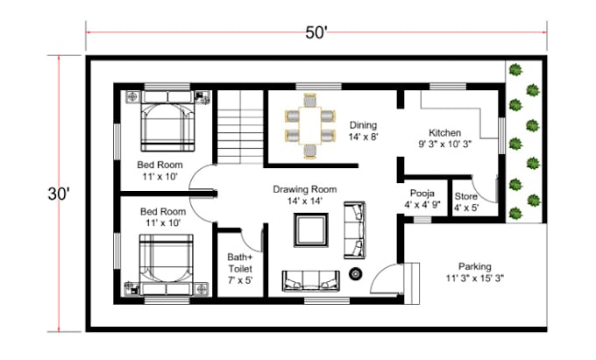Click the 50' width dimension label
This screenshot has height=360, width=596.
tap(316, 32)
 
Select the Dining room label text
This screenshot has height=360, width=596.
tap(362, 131)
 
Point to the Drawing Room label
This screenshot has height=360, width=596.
tap(304, 194)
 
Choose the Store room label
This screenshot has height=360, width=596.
tap(465, 201)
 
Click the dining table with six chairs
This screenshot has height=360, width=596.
tap(309, 127)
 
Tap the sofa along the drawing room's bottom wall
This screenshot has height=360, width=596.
tap(310, 280)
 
